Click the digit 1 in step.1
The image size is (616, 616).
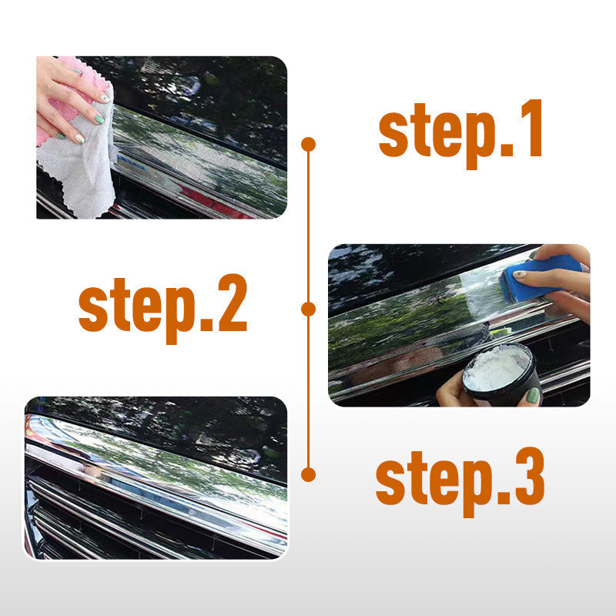531,128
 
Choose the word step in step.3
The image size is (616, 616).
434,484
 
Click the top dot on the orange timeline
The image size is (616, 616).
309,145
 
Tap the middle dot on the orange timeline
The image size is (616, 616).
309,310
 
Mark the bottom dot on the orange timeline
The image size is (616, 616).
309,474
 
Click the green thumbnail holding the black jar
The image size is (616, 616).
533,395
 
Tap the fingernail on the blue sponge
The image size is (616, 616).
519,274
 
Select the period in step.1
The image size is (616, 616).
507,151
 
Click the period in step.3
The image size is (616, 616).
504,499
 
